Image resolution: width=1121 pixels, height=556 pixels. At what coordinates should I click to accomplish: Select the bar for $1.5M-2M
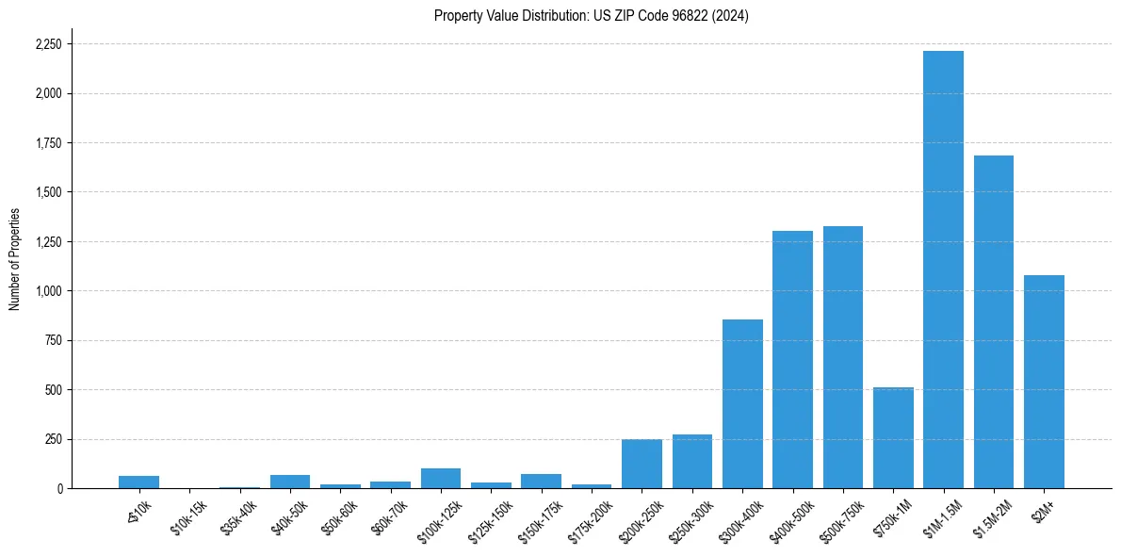pyautogui.click(x=993, y=321)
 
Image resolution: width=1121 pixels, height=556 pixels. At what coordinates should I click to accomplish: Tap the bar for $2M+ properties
pyautogui.click(x=1044, y=382)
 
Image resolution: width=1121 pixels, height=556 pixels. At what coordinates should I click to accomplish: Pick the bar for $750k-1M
pyautogui.click(x=893, y=437)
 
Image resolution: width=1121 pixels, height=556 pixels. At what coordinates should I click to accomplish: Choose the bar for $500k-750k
pyautogui.click(x=842, y=357)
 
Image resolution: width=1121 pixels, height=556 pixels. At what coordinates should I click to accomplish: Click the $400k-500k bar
pyautogui.click(x=792, y=359)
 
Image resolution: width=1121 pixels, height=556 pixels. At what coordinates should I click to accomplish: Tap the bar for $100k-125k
pyautogui.click(x=441, y=478)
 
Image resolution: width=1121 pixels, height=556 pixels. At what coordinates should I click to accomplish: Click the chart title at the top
pyautogui.click(x=591, y=15)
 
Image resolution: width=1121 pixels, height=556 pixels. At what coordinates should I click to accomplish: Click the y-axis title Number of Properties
pyautogui.click(x=15, y=258)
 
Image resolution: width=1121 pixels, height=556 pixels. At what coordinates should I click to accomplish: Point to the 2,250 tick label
pyautogui.click(x=48, y=44)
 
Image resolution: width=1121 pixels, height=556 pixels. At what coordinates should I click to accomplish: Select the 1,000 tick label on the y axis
pyautogui.click(x=48, y=291)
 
